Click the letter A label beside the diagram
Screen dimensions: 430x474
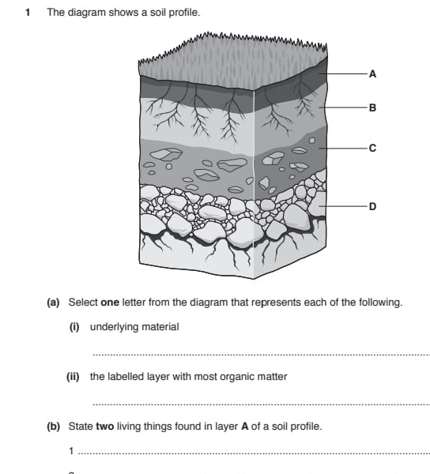pos(372,73)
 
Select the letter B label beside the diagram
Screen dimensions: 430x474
pos(372,107)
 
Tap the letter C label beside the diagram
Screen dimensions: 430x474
pos(372,149)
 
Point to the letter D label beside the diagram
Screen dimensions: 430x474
pos(372,206)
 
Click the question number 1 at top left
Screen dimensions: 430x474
pos(28,13)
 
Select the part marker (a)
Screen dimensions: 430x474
pos(53,303)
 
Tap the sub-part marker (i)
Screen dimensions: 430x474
pos(74,327)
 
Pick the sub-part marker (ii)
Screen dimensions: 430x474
pos(73,377)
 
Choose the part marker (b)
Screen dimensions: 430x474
pos(54,427)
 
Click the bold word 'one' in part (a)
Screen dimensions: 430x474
pos(110,303)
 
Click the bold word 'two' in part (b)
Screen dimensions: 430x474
pos(105,427)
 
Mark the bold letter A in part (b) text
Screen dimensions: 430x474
pos(244,427)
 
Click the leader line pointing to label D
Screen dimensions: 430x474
pos(344,206)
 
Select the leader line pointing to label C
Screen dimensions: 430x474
pos(344,149)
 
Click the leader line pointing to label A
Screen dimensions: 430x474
pos(344,73)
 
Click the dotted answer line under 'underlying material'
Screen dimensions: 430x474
pos(262,355)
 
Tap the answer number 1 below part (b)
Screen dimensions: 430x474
pos(71,451)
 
